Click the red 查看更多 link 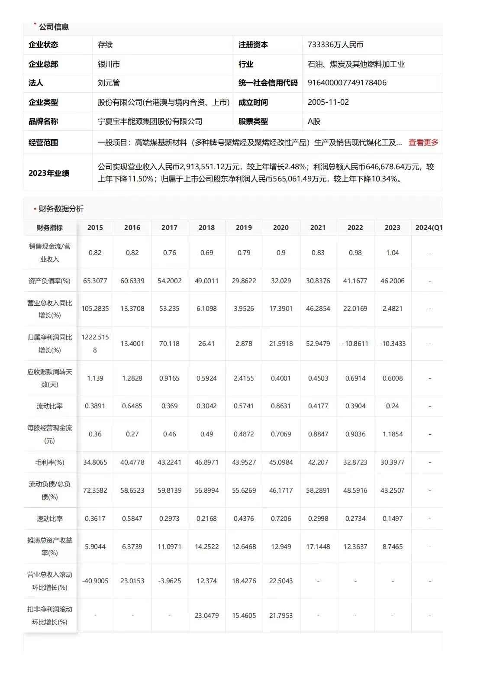point(423,142)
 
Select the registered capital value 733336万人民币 point(335,45)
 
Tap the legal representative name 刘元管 point(109,83)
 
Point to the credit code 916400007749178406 point(347,83)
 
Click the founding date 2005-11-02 point(328,102)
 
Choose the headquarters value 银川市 point(109,64)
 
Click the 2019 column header point(244,228)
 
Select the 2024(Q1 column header point(429,228)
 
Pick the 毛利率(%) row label point(50,462)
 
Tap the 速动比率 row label point(50,519)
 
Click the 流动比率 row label point(50,406)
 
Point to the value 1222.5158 point(95,343)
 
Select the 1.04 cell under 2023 point(393,253)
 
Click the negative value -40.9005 point(95,581)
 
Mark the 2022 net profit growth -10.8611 point(355,344)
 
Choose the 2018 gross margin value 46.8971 point(206,462)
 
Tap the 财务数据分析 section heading point(61,209)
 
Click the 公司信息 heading point(54,27)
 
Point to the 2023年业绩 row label point(49,173)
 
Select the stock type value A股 point(314,121)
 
